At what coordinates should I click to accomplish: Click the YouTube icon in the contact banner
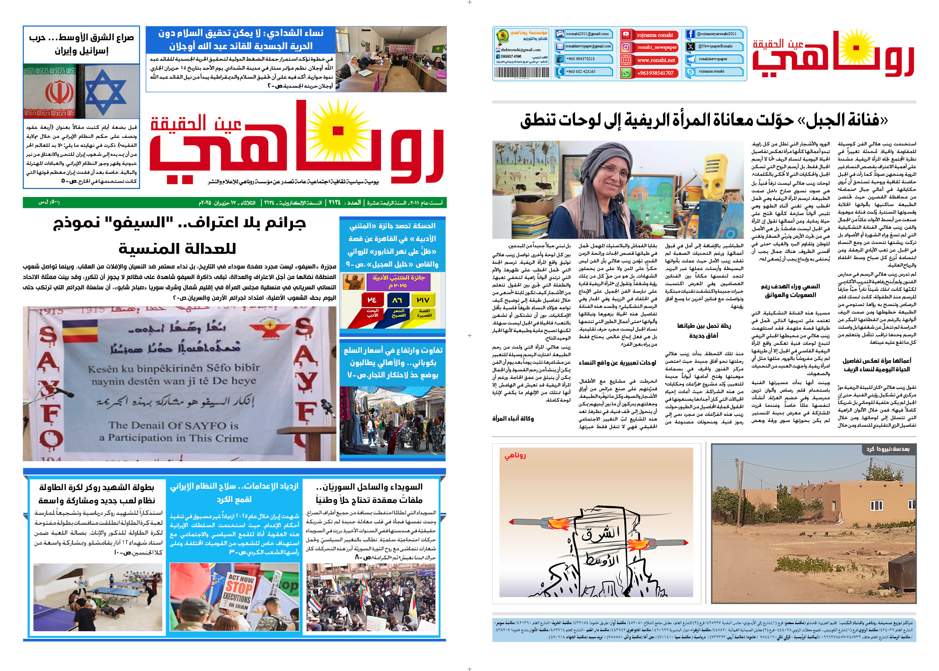click(x=626, y=35)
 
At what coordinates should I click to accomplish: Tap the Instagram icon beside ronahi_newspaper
click(x=626, y=47)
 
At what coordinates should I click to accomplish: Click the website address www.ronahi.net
click(x=656, y=60)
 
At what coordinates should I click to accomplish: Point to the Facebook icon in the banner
click(x=691, y=34)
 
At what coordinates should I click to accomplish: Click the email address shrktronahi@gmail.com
click(x=521, y=50)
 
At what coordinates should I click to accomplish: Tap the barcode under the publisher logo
click(x=521, y=72)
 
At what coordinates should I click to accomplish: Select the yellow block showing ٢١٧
click(x=423, y=300)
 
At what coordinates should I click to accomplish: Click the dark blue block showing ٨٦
click(x=398, y=300)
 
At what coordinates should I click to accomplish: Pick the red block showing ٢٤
click(x=372, y=300)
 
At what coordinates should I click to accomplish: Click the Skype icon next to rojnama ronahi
click(x=691, y=72)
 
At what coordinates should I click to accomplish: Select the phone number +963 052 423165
click(x=581, y=72)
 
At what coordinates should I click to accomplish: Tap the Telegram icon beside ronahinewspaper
click(x=691, y=59)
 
